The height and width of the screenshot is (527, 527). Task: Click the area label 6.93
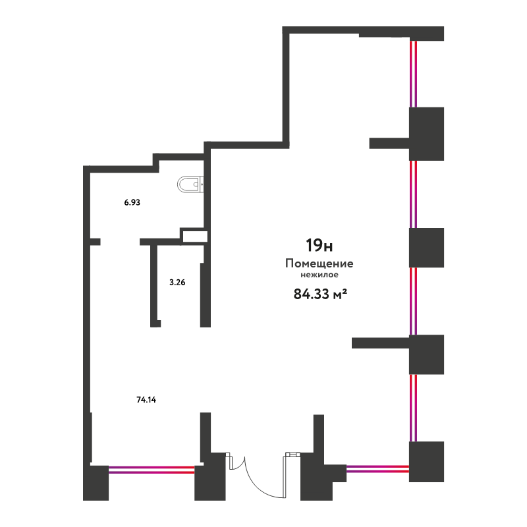pyautogui.click(x=132, y=202)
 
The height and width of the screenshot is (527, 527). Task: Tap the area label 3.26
pyautogui.click(x=177, y=283)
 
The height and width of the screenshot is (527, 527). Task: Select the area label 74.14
pyautogui.click(x=146, y=400)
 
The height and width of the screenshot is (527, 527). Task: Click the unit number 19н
pyautogui.click(x=319, y=245)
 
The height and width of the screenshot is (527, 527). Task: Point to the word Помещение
pyautogui.click(x=319, y=263)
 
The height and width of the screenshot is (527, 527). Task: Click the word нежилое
pyautogui.click(x=319, y=275)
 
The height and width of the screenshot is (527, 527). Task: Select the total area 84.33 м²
pyautogui.click(x=320, y=294)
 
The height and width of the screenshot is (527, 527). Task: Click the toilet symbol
pyautogui.click(x=190, y=184)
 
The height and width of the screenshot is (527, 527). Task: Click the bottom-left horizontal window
pyautogui.click(x=152, y=470)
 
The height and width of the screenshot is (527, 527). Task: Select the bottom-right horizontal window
pyautogui.click(x=377, y=468)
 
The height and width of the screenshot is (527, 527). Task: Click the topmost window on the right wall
pyautogui.click(x=414, y=74)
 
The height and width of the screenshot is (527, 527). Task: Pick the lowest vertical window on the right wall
pyautogui.click(x=414, y=408)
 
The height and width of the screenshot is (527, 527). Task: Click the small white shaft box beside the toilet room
pyautogui.click(x=194, y=236)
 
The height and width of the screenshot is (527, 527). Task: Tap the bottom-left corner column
pyautogui.click(x=96, y=483)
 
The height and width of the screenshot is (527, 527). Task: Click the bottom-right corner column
pyautogui.click(x=426, y=462)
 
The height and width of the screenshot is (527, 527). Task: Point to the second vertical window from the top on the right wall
pyautogui.click(x=414, y=194)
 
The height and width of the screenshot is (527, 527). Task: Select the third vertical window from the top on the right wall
pyautogui.click(x=414, y=301)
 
